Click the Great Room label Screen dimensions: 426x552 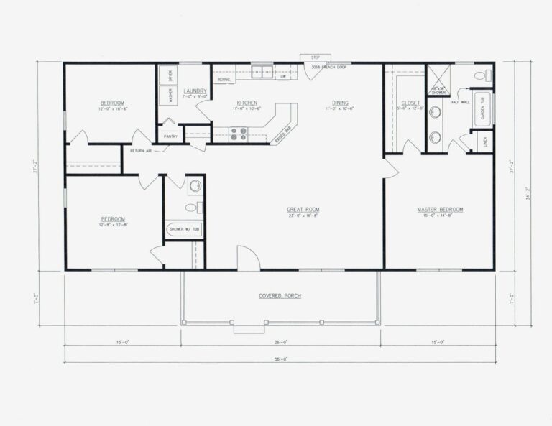click(303, 210)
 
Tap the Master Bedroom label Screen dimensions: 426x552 click(440, 210)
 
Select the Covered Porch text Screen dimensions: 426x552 click(280, 296)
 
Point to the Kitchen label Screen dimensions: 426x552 click(247, 103)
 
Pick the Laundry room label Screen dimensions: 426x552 click(195, 91)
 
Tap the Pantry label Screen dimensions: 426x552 click(170, 136)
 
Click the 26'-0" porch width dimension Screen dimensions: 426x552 click(280, 343)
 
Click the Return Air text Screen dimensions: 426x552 click(141, 150)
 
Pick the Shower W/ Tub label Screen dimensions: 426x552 click(184, 230)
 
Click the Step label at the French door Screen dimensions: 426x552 click(315, 57)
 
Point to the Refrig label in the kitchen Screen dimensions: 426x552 click(223, 80)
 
